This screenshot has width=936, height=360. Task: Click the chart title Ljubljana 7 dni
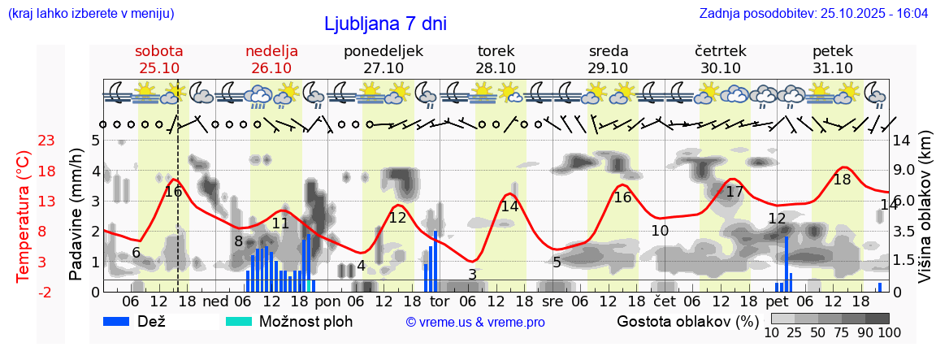pos(384,24)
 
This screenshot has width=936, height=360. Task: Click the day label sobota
pos(159,51)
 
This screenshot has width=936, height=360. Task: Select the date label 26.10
pos(271,68)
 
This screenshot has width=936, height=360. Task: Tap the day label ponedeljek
pos(383,51)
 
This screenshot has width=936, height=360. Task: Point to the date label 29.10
pos(608,68)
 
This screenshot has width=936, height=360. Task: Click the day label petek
pos(832,51)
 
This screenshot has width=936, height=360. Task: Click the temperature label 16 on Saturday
pos(173,192)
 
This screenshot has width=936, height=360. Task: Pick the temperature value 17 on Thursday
pos(734,192)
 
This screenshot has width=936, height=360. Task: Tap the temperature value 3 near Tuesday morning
pos(472,275)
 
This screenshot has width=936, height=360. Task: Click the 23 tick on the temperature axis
pos(46,141)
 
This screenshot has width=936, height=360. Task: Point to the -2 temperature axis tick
pos(46,292)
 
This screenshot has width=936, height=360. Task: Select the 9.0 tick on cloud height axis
pos(905,171)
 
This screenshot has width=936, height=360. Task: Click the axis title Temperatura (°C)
pos(24,216)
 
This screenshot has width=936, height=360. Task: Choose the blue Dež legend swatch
pos(122,321)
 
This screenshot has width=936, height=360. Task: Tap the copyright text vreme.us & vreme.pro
pos(475,323)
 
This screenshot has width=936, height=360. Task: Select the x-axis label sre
pos(552,302)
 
